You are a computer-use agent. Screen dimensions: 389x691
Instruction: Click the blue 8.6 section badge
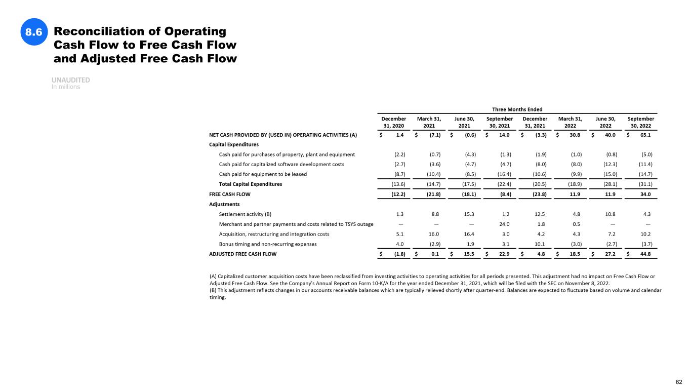(x=33, y=32)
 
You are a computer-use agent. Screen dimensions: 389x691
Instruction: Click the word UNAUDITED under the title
(x=71, y=80)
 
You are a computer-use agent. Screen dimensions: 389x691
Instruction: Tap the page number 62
(x=679, y=381)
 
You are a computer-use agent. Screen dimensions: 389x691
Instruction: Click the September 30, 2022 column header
(x=640, y=122)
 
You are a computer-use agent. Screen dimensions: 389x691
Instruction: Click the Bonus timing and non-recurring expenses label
(x=268, y=244)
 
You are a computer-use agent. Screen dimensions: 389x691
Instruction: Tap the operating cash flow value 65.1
(x=645, y=135)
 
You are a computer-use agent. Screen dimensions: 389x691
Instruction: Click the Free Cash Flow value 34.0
(x=645, y=194)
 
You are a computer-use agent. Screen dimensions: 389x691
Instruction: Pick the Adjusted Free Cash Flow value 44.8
(x=645, y=254)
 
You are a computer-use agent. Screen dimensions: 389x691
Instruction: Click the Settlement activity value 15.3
(x=469, y=214)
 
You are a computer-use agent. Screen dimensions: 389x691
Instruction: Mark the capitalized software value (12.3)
(x=609, y=164)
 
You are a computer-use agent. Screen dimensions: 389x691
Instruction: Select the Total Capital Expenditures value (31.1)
(x=644, y=184)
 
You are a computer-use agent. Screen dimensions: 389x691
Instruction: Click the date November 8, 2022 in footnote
(x=587, y=284)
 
